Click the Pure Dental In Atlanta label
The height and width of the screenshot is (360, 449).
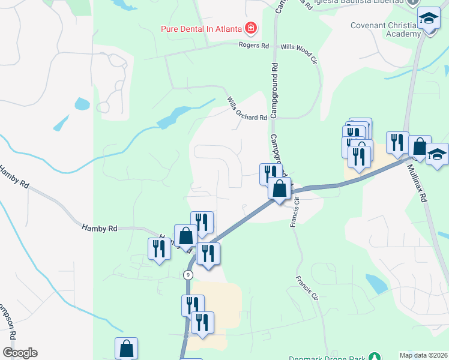click(200, 28)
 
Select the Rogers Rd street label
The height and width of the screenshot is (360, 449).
click(253, 46)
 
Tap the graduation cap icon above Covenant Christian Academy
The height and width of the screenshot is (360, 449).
click(429, 18)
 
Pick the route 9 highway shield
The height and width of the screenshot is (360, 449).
click(188, 274)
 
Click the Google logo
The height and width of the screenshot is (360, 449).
click(20, 353)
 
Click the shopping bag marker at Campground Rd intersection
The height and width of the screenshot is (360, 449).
click(279, 188)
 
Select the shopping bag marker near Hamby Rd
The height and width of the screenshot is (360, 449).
click(185, 235)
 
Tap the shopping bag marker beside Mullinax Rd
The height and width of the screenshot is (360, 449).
click(420, 146)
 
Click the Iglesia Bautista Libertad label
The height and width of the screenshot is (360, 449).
click(373, 2)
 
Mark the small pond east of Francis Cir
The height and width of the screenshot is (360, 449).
click(376, 283)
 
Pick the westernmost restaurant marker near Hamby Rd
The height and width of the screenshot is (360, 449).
click(159, 249)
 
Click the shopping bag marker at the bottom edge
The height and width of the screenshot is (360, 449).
click(126, 348)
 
